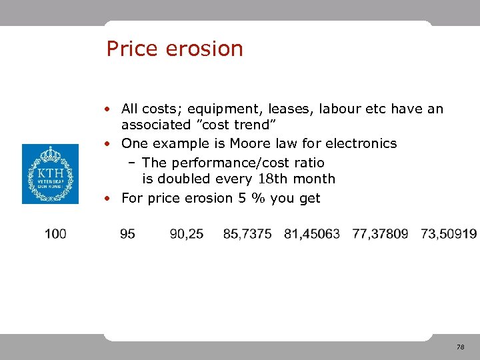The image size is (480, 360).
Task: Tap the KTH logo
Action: [x=50, y=174]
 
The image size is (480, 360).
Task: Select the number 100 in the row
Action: [x=55, y=233]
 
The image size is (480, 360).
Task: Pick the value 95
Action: [x=128, y=233]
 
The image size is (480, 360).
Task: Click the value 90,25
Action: [x=187, y=233]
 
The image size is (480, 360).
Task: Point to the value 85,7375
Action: [x=247, y=233]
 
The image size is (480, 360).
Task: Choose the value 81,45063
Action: [x=312, y=233]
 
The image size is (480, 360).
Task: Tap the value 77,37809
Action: [x=380, y=233]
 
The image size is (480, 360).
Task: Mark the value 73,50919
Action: [x=449, y=233]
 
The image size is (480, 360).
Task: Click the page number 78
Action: [x=460, y=347]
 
